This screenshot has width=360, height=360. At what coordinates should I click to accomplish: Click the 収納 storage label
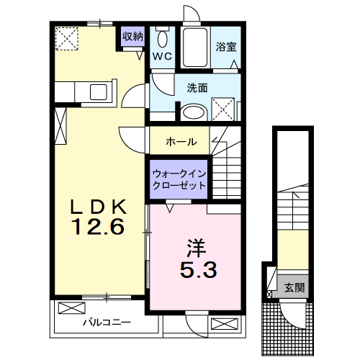[132, 37]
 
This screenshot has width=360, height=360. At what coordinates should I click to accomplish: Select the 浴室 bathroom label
[226, 48]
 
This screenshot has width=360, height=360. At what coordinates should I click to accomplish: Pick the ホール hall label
[181, 142]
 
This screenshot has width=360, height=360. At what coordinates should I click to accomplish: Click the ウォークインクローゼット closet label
[179, 179]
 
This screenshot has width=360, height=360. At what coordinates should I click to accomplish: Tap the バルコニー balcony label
[105, 322]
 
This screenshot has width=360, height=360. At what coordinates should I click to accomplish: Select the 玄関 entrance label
[294, 287]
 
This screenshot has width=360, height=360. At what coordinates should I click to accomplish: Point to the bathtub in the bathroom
[194, 48]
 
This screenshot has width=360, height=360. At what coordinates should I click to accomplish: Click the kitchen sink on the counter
[96, 91]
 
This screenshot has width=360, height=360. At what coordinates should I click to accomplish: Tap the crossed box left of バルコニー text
[71, 308]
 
